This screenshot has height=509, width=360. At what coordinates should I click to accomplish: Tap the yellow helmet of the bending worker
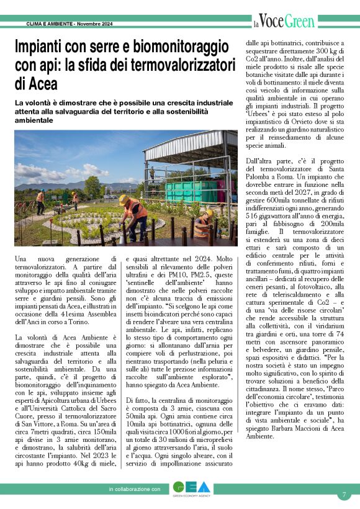[124, 199]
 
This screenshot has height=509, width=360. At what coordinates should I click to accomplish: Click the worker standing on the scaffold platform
[152, 172]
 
